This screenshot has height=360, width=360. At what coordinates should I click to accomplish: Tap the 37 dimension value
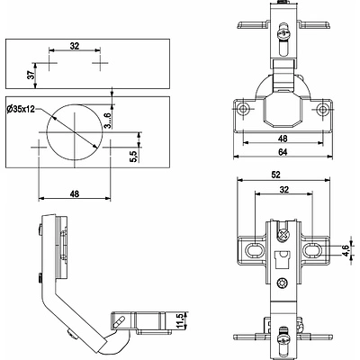[x=31, y=76]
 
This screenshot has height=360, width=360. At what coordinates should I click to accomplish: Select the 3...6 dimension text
[x=108, y=121]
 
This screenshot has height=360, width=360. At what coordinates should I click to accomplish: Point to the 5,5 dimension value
[x=134, y=156]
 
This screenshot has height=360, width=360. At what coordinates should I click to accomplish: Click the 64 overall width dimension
[x=283, y=152]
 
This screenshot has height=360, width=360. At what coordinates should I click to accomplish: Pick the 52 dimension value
[x=275, y=175]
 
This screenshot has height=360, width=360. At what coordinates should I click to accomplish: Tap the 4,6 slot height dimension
[x=346, y=251]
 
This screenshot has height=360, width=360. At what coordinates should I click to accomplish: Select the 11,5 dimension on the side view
[x=180, y=320]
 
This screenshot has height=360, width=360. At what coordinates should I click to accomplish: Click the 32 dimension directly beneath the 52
[x=283, y=190]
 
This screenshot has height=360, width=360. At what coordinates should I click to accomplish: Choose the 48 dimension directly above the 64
[x=283, y=139]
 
